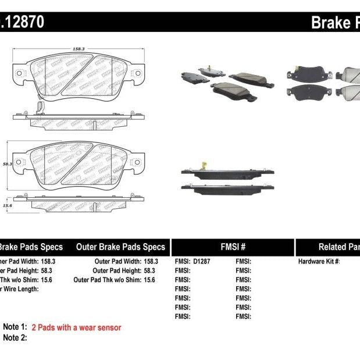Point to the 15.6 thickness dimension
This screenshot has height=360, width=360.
(8, 205)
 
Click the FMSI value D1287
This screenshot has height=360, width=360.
(202, 262)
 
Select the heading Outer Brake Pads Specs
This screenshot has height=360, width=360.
(120, 247)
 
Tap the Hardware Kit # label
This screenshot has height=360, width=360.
(319, 262)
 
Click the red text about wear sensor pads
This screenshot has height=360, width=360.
(76, 328)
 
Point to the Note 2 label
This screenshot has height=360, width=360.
(15, 338)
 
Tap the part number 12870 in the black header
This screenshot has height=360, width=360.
(24, 22)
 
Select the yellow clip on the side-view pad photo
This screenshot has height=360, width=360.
(202, 165)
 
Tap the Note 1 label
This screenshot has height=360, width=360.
(15, 327)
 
